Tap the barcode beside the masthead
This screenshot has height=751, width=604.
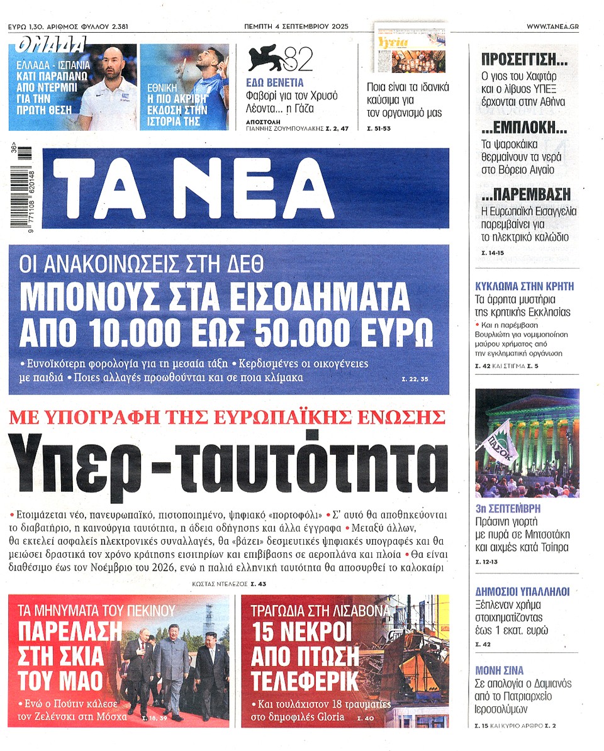[25, 189]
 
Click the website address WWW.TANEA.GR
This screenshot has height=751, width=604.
[552, 26]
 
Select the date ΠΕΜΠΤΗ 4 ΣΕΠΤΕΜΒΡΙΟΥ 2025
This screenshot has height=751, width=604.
[296, 26]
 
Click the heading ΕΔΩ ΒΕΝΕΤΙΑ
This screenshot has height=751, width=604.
[275, 82]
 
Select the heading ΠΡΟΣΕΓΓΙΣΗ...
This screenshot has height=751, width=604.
[524, 61]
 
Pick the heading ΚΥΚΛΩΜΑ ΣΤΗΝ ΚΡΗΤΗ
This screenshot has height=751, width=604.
[524, 286]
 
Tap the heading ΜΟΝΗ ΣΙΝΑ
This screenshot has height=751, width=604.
[500, 670]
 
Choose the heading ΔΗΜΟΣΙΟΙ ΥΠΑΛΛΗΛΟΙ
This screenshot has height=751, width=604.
[522, 591]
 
